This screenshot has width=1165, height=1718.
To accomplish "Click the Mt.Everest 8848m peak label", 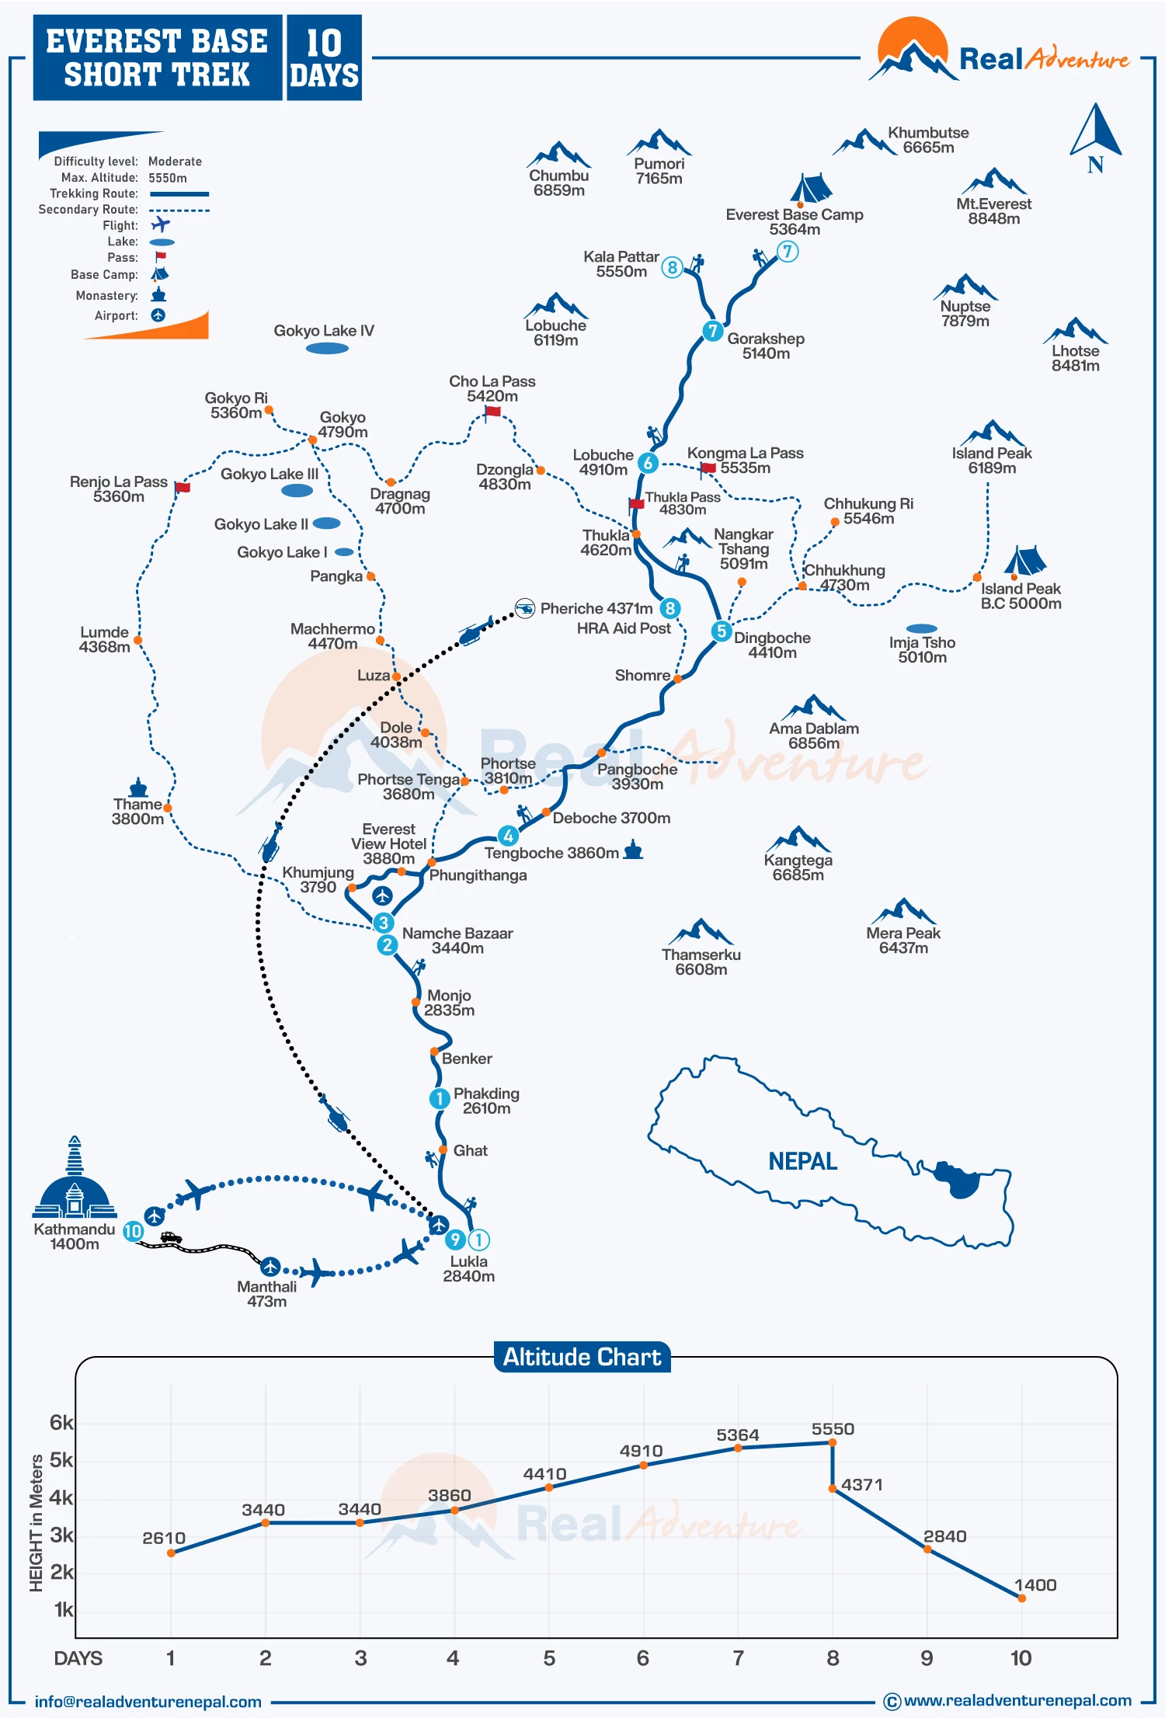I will point(993,211).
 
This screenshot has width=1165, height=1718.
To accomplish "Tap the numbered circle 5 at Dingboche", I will point(722,631).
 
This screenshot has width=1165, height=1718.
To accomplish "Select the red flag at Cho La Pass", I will point(493,412).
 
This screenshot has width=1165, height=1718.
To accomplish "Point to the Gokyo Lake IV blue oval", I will point(327,349).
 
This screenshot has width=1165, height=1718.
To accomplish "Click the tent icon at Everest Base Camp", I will point(810,188).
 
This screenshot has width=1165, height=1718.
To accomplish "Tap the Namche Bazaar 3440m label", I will point(457,941).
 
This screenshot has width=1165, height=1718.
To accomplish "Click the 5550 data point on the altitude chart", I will point(833,1442).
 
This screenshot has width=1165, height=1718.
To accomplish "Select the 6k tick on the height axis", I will point(61,1423).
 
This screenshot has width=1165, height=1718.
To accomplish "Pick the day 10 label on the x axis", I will point(1021,1658).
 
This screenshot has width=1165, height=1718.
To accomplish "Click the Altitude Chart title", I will point(582,1357).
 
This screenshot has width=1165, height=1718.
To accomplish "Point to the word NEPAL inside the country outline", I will point(802,1162).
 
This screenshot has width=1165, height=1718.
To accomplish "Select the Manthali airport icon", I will point(270,1267).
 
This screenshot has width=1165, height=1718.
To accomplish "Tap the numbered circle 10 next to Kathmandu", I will point(134,1231).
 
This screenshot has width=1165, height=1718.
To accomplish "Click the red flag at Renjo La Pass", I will point(183,487).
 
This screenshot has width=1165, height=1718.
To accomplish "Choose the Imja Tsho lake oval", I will point(922,628).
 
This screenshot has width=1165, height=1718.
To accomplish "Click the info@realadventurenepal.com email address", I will point(148,1702).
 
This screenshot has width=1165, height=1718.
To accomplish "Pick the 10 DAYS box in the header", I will point(324,58).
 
